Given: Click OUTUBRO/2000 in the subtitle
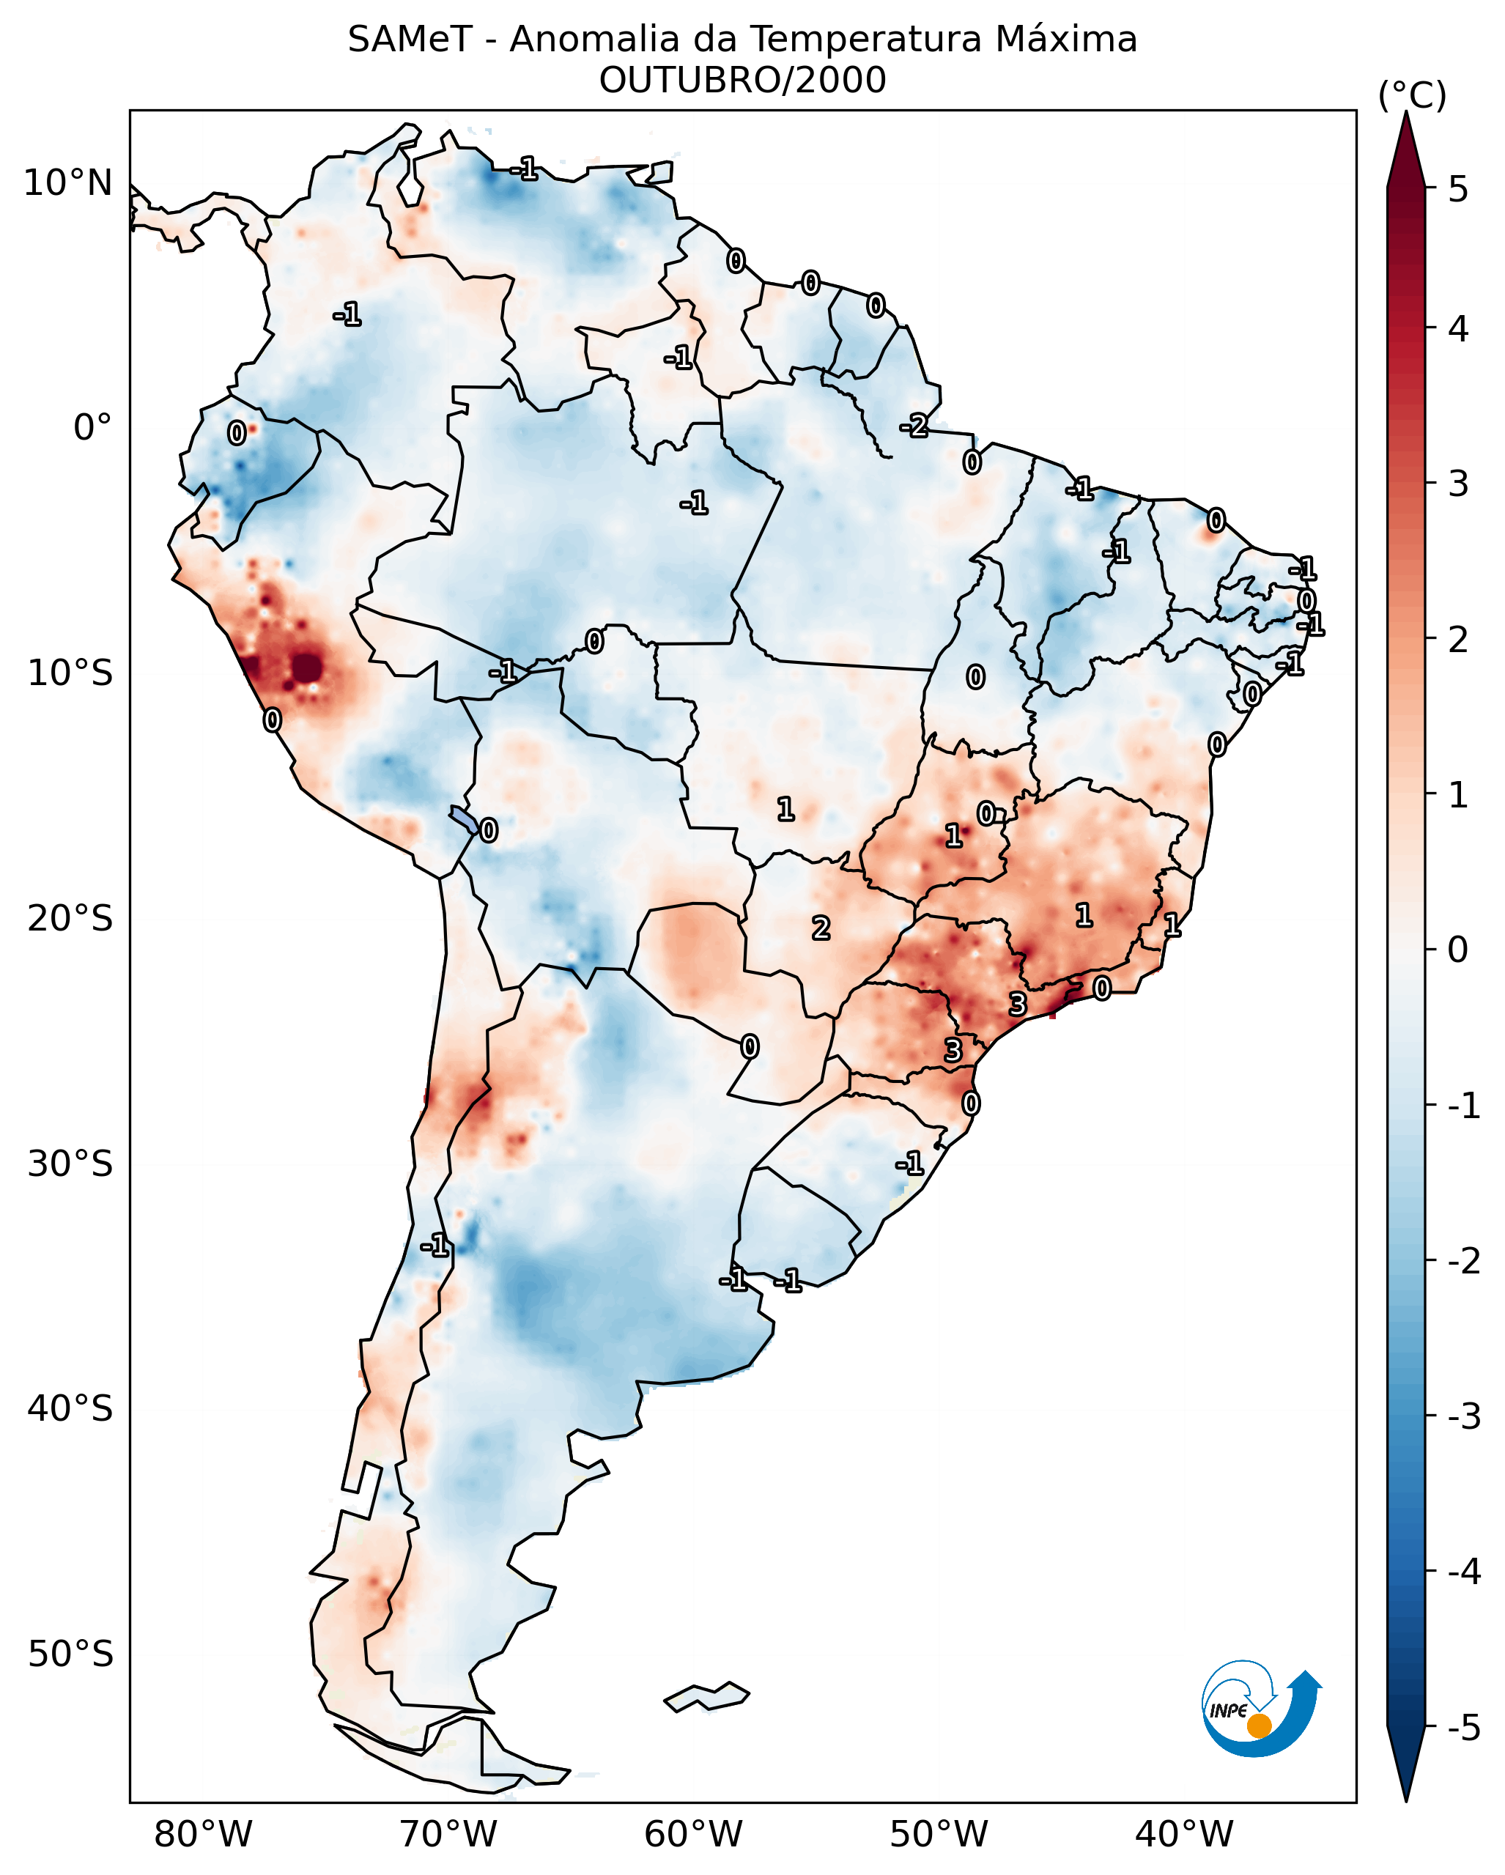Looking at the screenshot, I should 742,81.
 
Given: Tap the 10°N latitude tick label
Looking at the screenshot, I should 68,183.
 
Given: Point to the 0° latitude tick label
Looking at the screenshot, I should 92,428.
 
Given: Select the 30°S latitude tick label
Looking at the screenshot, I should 70,1164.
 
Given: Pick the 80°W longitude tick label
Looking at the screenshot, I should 202,1834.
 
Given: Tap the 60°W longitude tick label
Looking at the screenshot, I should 693,1834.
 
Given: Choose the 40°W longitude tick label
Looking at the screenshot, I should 1183,1834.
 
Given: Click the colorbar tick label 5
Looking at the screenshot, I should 1458,189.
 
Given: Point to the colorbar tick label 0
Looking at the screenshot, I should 1458,949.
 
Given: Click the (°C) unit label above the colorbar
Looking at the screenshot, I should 1412,97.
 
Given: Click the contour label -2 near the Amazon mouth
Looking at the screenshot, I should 914,426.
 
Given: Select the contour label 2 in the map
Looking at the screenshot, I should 821,929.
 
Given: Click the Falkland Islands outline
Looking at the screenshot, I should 706,1697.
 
